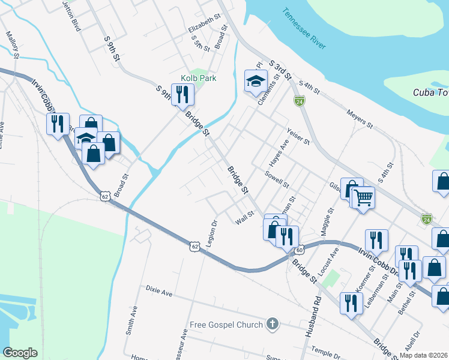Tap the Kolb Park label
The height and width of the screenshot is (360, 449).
click(x=199, y=78)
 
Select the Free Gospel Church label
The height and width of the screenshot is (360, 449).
click(x=226, y=325)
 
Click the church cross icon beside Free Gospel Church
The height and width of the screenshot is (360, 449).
click(x=273, y=325)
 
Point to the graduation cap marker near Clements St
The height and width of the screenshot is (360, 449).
click(x=256, y=82)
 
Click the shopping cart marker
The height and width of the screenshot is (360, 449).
click(x=363, y=196)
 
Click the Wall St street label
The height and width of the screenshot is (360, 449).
click(x=245, y=218)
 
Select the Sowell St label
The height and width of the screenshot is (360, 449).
click(x=277, y=178)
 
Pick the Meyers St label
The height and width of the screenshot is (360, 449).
click(x=360, y=118)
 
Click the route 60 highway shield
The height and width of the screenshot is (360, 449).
click(x=300, y=249)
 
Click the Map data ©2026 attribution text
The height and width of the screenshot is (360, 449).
click(x=423, y=355)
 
